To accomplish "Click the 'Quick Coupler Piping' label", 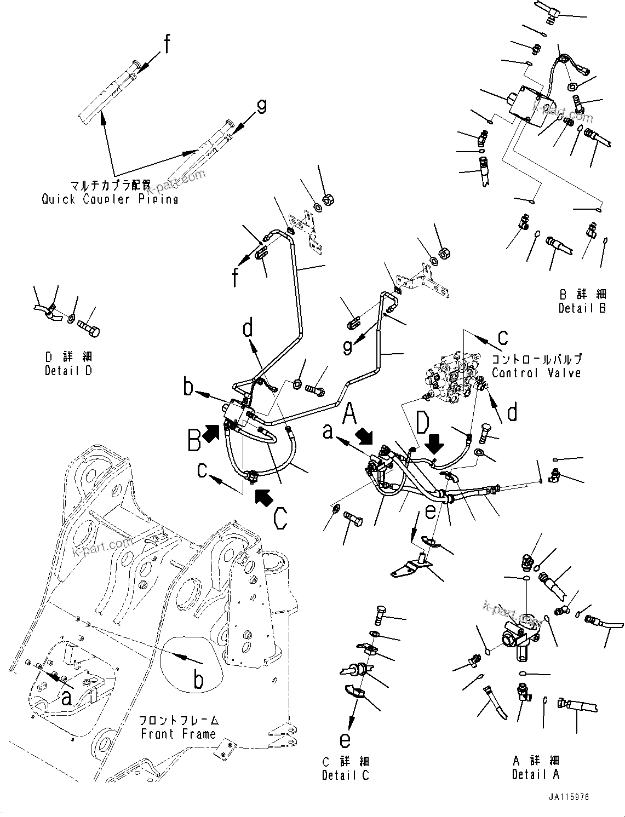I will pos(110,199).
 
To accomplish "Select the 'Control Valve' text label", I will pos(536,373).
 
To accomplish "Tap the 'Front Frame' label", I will pos(178,734).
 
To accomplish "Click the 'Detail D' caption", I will pos(68,371).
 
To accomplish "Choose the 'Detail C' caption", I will pos(345,775).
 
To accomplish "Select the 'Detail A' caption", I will pos(536,774).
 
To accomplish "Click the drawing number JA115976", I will pos(570,797).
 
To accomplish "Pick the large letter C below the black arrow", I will pos(280,519).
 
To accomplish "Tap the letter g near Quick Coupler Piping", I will pos(262,106).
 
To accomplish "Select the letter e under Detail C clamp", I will pos(345,740).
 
